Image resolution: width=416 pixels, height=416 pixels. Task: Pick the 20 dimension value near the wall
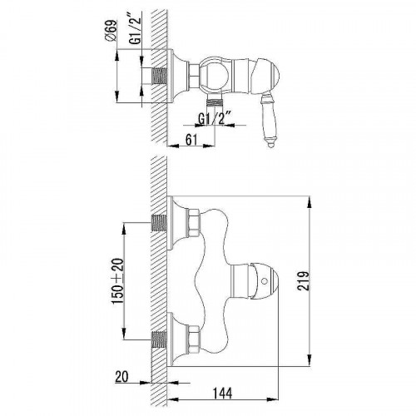(143, 375)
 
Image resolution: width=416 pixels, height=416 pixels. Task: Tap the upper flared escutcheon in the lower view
(176, 215)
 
